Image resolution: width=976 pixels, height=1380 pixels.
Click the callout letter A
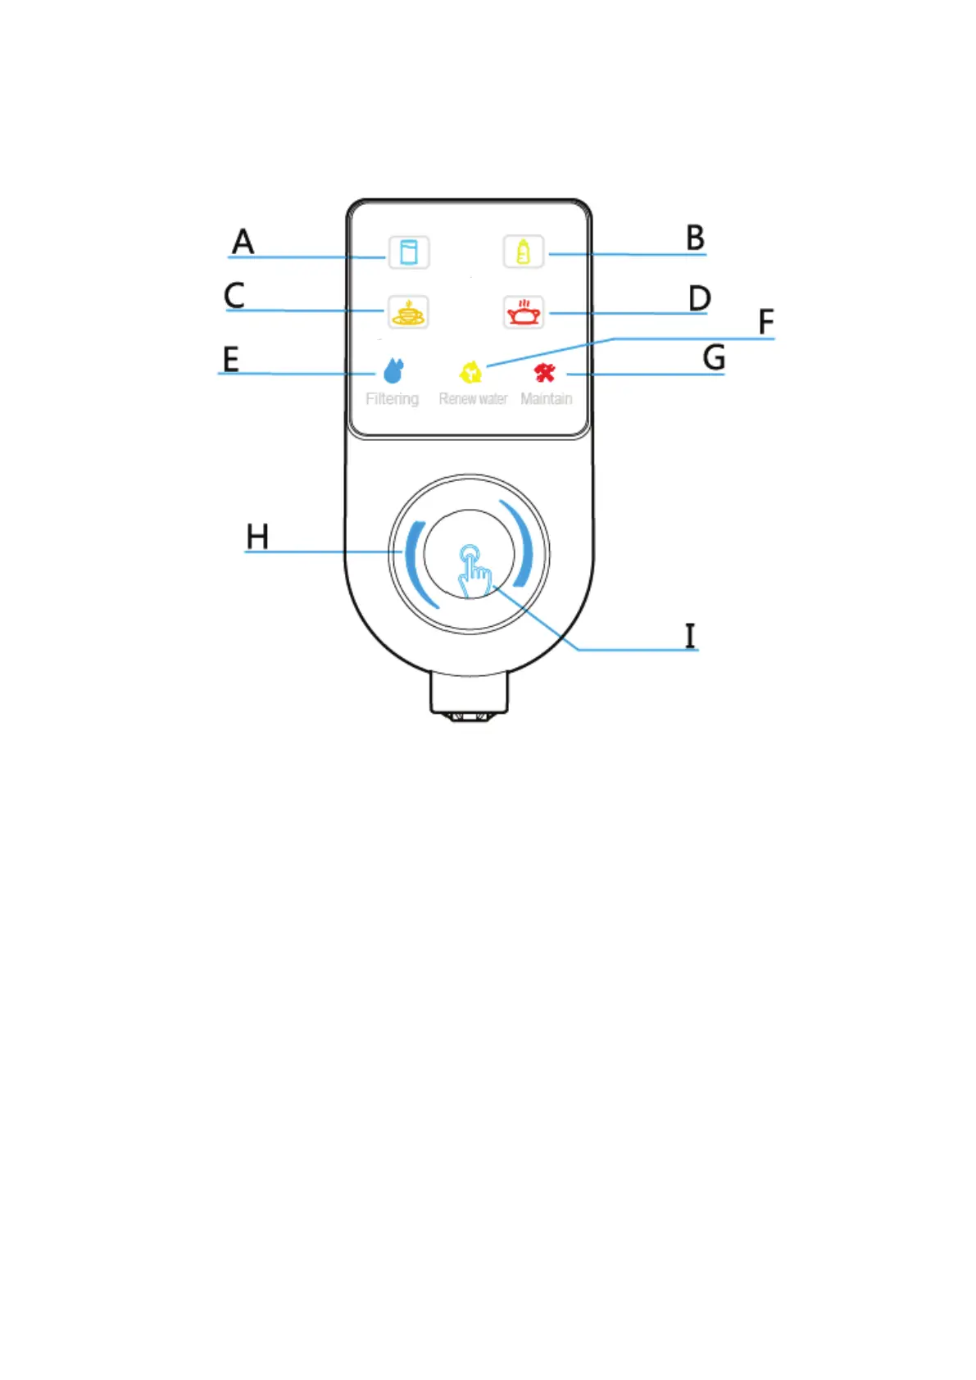(243, 242)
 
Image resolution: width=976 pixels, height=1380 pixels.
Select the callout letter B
(695, 238)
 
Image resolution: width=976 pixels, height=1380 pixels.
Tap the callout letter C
(234, 295)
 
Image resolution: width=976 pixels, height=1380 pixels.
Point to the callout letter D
(699, 298)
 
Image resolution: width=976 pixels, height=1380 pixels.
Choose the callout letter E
(231, 359)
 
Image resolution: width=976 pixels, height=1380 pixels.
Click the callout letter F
(765, 322)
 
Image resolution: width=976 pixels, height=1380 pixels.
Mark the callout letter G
(714, 358)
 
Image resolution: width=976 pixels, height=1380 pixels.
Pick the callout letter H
(257, 537)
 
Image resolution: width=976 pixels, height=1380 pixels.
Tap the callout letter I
(690, 636)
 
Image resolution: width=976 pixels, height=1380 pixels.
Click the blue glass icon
(408, 252)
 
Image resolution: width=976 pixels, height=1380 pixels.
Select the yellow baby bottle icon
(524, 252)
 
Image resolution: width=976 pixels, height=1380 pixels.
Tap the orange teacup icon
(408, 312)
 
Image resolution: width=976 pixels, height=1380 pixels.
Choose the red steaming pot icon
(524, 312)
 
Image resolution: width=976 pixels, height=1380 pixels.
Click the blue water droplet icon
(393, 371)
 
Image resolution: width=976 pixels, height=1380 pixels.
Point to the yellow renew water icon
(470, 373)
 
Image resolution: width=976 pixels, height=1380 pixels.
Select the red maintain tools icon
(545, 373)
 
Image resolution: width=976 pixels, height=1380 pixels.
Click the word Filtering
(392, 399)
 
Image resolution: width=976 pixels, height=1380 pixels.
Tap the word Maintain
(546, 399)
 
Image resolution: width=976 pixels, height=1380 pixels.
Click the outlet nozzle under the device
(470, 697)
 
